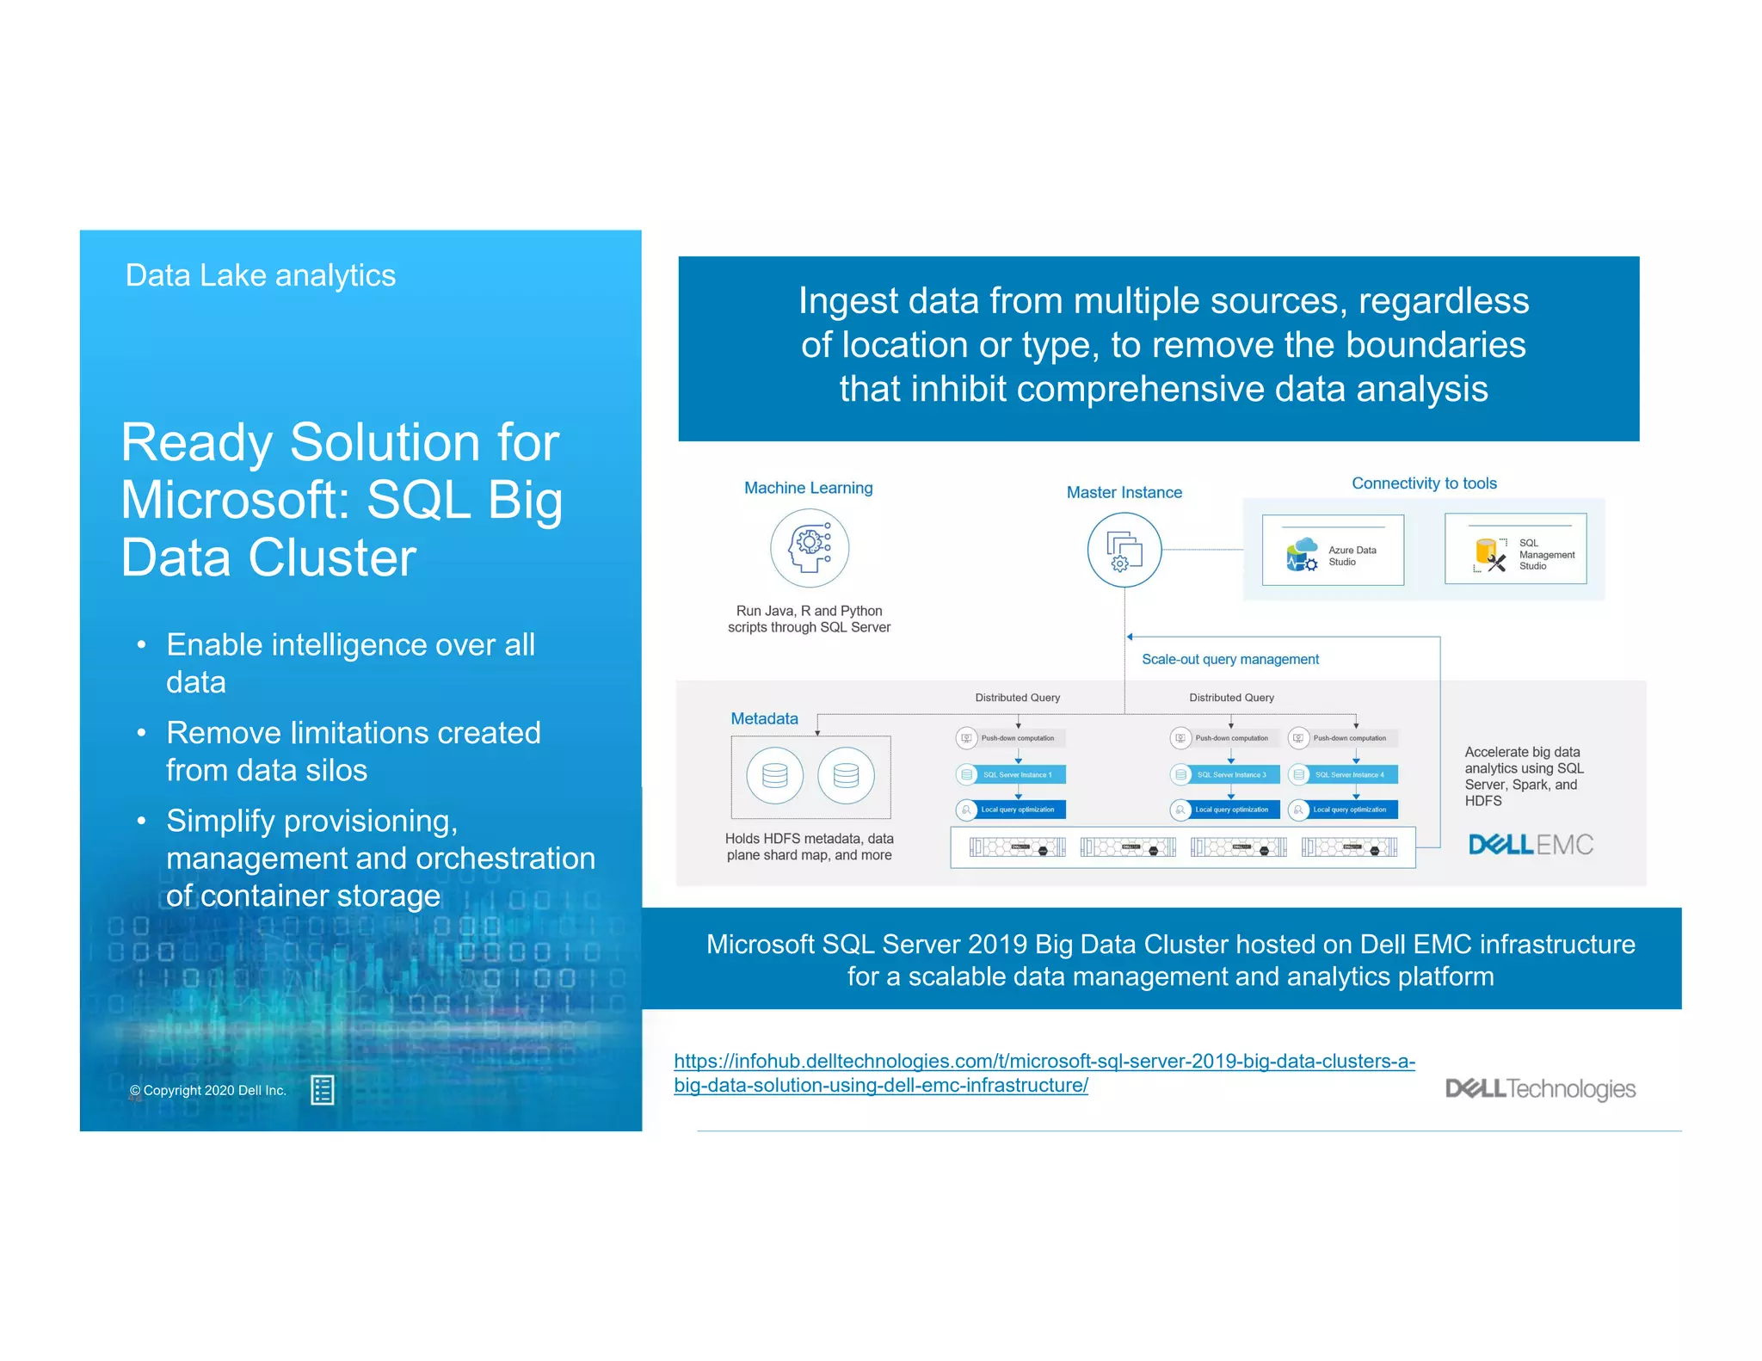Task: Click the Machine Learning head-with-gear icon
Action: point(810,548)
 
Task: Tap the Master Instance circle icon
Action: point(1124,550)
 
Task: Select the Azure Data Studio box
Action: point(1333,551)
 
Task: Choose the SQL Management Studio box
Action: point(1515,550)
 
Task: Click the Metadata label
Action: point(764,718)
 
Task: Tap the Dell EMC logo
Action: point(1531,844)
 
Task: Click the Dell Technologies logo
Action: point(1540,1088)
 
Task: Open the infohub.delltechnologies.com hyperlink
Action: point(1044,1062)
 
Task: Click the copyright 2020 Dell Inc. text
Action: point(207,1090)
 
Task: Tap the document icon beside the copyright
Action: point(323,1090)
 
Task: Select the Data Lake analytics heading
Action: point(261,275)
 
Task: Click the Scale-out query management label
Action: point(1229,659)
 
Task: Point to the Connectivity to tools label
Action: point(1424,483)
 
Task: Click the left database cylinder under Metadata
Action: point(775,775)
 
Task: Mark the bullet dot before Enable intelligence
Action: point(141,645)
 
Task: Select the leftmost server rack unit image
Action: point(1017,847)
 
